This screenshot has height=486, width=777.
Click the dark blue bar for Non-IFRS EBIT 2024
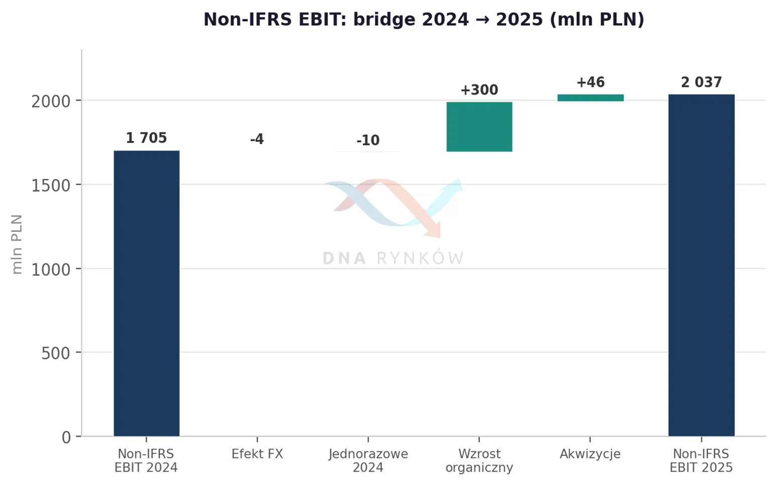[x=147, y=294]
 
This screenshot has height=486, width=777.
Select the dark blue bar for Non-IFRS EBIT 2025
[x=701, y=266]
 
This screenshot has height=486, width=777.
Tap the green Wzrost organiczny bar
[x=479, y=127]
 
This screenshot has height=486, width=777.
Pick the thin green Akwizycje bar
[x=590, y=98]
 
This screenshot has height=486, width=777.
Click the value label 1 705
[x=147, y=138]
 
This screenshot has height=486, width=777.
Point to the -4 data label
[x=257, y=139]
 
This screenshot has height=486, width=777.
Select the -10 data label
[x=368, y=140]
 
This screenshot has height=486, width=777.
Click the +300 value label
[x=479, y=90]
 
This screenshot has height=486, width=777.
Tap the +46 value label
[x=590, y=82]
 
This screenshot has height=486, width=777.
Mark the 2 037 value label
[x=701, y=82]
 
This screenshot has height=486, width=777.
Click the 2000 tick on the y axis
[x=51, y=102]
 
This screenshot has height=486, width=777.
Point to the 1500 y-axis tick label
[x=51, y=186]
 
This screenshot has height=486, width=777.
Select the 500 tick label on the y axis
[x=56, y=354]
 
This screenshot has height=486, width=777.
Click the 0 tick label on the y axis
[x=66, y=438]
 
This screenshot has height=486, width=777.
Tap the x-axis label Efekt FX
[x=257, y=454]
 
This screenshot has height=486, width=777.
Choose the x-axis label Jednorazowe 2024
[x=368, y=461]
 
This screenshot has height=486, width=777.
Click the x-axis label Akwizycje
[x=590, y=454]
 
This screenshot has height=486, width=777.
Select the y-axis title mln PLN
[x=17, y=245]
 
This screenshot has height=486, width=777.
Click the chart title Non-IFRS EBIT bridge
[x=424, y=19]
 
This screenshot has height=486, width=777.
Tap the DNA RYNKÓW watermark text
[x=393, y=258]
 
